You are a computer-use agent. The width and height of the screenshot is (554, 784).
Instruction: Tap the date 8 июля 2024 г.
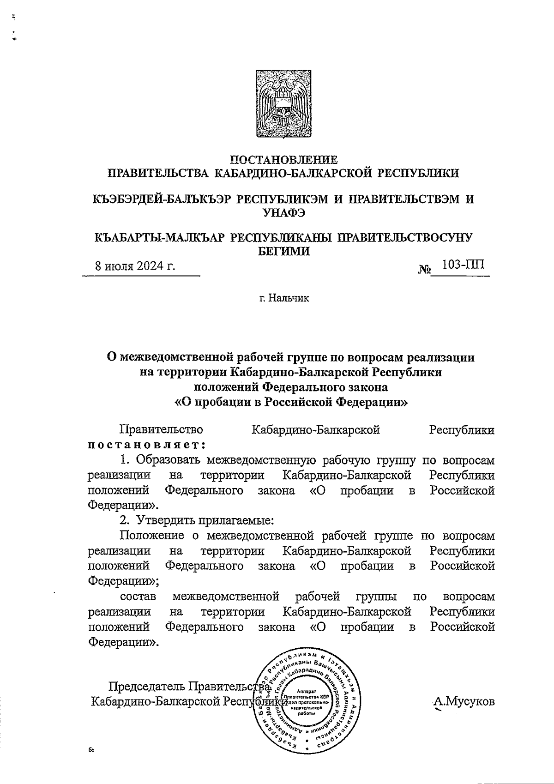tap(135, 267)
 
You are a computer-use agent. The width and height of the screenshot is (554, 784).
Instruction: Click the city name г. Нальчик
tap(283, 298)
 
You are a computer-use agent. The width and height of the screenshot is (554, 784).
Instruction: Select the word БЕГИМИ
tap(283, 251)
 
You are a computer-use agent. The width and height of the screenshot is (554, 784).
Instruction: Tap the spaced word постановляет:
tap(146, 445)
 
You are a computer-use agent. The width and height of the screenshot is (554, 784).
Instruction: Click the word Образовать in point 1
tap(169, 460)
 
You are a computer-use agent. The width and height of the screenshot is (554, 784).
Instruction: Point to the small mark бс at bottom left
tap(91, 751)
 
